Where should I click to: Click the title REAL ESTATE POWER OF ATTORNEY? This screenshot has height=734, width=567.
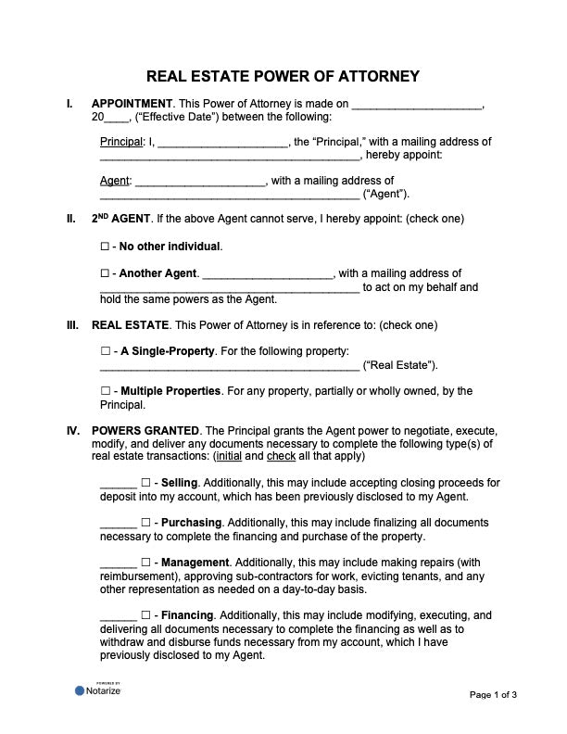283,76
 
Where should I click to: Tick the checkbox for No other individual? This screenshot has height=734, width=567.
104,247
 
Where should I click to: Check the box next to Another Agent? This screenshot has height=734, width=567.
104,273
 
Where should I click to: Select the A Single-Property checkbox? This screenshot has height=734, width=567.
104,352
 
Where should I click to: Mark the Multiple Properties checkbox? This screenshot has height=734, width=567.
104,391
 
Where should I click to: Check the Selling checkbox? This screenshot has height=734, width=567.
145,483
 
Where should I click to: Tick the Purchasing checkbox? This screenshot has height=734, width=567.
145,523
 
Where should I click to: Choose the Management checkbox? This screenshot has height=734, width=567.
145,563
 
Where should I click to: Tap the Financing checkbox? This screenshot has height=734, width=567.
145,615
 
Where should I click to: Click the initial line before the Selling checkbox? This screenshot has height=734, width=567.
118,484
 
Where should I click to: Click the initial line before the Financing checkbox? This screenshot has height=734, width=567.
118,616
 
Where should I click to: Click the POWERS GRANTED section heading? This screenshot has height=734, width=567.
145,431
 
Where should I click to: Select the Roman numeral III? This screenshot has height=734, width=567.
71,325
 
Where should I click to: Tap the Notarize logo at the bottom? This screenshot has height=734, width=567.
98,690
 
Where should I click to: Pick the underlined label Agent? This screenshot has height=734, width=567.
115,181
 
